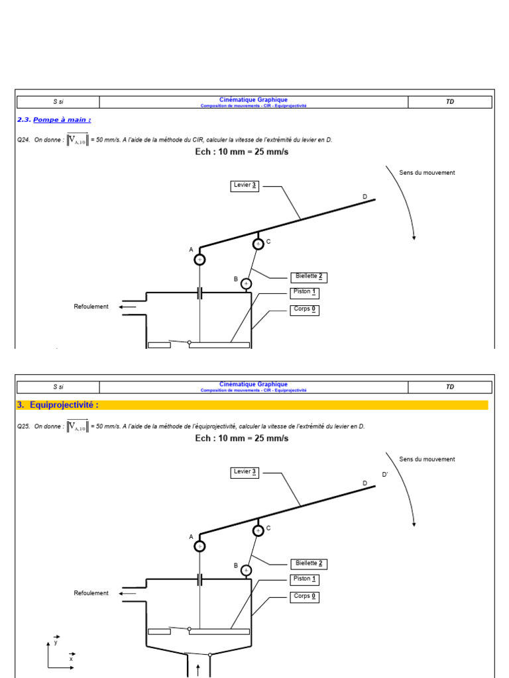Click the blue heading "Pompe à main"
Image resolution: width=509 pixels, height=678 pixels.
(x=62, y=120)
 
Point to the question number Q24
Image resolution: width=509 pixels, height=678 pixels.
(x=23, y=140)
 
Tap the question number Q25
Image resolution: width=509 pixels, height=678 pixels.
(x=23, y=426)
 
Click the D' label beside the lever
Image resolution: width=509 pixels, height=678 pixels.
(x=385, y=475)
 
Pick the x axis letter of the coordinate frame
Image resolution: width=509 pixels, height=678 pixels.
(x=71, y=659)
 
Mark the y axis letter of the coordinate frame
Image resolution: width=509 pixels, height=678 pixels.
(x=56, y=642)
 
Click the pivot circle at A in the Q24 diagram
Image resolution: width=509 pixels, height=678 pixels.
(x=199, y=260)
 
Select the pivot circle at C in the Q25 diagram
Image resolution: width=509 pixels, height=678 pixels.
(x=258, y=530)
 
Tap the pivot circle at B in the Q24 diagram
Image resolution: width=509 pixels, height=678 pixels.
(x=246, y=284)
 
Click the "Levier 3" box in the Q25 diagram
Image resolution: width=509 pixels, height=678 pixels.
(x=245, y=472)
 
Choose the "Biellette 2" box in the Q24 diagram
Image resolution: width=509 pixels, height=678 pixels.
(x=308, y=277)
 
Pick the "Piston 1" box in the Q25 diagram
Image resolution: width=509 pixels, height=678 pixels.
(x=305, y=579)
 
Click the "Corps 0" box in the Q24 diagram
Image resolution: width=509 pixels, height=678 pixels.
(x=305, y=310)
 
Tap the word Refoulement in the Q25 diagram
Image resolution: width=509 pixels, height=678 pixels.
(x=91, y=593)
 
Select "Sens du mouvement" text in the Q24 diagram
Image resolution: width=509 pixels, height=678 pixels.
(x=427, y=173)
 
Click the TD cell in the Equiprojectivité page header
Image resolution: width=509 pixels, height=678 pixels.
(x=450, y=387)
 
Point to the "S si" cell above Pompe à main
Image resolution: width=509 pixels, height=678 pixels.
(x=58, y=102)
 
